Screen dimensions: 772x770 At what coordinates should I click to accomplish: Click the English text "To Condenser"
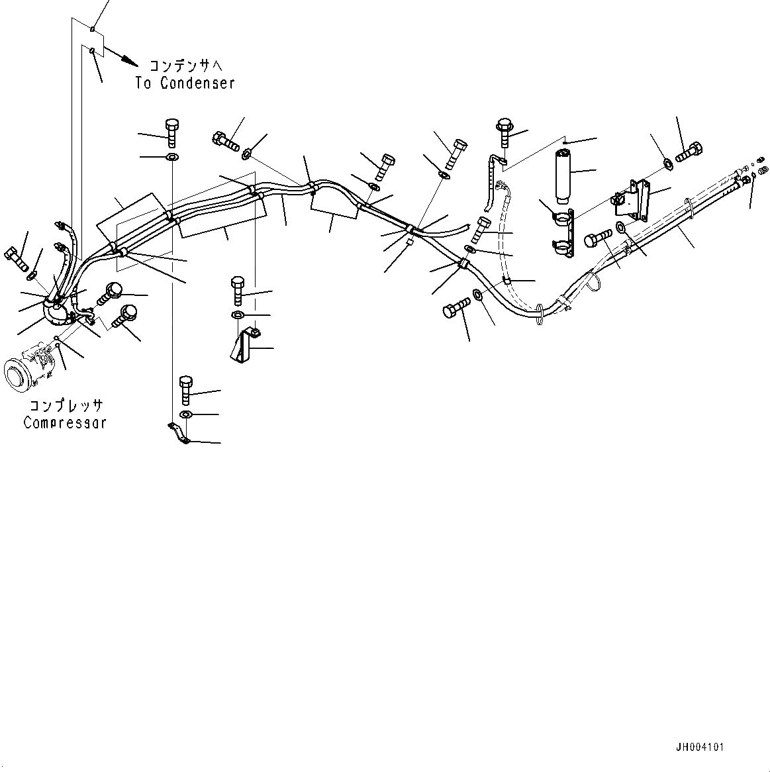[185, 83]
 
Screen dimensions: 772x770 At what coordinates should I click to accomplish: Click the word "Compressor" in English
[64, 422]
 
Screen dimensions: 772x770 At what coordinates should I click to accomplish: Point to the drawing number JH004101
[700, 748]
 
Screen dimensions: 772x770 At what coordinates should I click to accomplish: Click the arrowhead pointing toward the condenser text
[130, 62]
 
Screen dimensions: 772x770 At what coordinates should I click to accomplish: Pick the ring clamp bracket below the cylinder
[562, 232]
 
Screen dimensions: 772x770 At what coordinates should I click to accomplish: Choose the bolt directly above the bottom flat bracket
[185, 390]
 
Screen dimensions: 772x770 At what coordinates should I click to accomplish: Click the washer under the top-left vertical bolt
[171, 158]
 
